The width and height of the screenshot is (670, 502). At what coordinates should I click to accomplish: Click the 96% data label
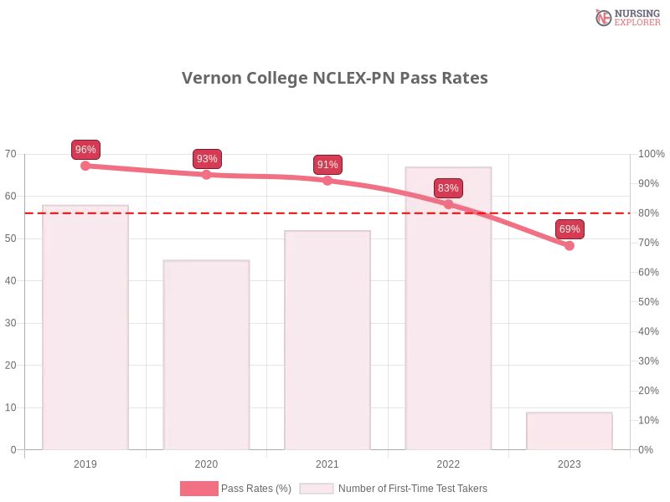pyautogui.click(x=85, y=150)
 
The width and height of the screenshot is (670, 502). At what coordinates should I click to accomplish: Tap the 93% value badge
pyautogui.click(x=207, y=159)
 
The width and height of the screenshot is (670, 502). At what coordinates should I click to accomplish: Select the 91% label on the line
pyautogui.click(x=327, y=165)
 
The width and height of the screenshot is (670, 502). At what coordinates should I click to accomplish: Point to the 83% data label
pyautogui.click(x=448, y=188)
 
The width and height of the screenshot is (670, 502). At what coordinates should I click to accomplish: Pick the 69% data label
pyautogui.click(x=569, y=229)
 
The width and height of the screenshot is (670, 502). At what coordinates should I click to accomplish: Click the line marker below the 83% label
pyautogui.click(x=448, y=204)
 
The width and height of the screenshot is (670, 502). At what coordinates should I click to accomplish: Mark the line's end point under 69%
pyautogui.click(x=569, y=247)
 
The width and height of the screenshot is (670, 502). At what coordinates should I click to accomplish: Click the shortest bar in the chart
pyautogui.click(x=569, y=430)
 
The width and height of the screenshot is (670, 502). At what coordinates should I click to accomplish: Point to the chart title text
pyautogui.click(x=335, y=79)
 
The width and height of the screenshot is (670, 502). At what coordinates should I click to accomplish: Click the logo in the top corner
pyautogui.click(x=626, y=18)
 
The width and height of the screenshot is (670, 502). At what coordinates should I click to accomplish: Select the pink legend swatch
pyautogui.click(x=198, y=489)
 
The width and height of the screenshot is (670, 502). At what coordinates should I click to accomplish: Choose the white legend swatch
pyautogui.click(x=317, y=489)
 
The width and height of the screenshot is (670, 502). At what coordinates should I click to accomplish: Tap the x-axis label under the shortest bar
pyautogui.click(x=569, y=462)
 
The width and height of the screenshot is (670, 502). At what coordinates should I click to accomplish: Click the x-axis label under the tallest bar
pyautogui.click(x=449, y=462)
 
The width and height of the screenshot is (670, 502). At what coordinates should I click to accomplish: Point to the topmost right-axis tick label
pyautogui.click(x=649, y=154)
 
